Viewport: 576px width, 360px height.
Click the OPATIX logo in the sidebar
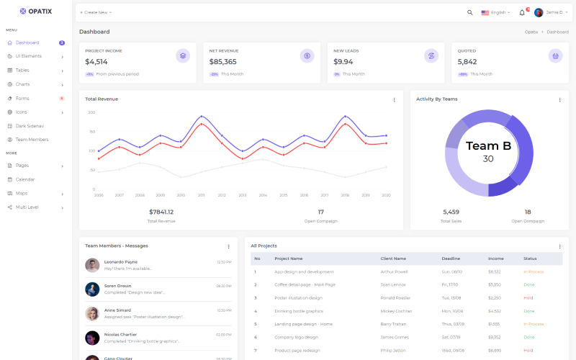coord(35,12)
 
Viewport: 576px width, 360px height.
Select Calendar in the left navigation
coord(25,179)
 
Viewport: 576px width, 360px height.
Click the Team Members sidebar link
coord(32,140)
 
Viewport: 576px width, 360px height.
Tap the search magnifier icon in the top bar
coord(470,12)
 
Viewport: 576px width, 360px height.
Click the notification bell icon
coord(522,12)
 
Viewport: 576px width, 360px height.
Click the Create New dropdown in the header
coord(96,12)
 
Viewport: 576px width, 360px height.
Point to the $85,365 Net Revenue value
coord(223,62)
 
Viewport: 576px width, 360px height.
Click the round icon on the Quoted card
coord(555,55)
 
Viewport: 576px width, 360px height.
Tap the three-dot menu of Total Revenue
coord(394,99)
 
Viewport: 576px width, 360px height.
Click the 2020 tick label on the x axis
coord(386,195)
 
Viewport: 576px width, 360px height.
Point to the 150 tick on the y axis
coord(91,132)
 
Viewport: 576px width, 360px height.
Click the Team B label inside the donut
coord(488,146)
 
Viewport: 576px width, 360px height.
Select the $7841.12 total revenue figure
coord(161,212)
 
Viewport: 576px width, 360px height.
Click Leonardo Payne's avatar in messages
coord(92,265)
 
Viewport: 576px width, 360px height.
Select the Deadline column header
coord(451,258)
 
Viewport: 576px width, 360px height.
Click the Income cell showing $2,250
coord(494,298)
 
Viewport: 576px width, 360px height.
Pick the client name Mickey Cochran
coord(396,311)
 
